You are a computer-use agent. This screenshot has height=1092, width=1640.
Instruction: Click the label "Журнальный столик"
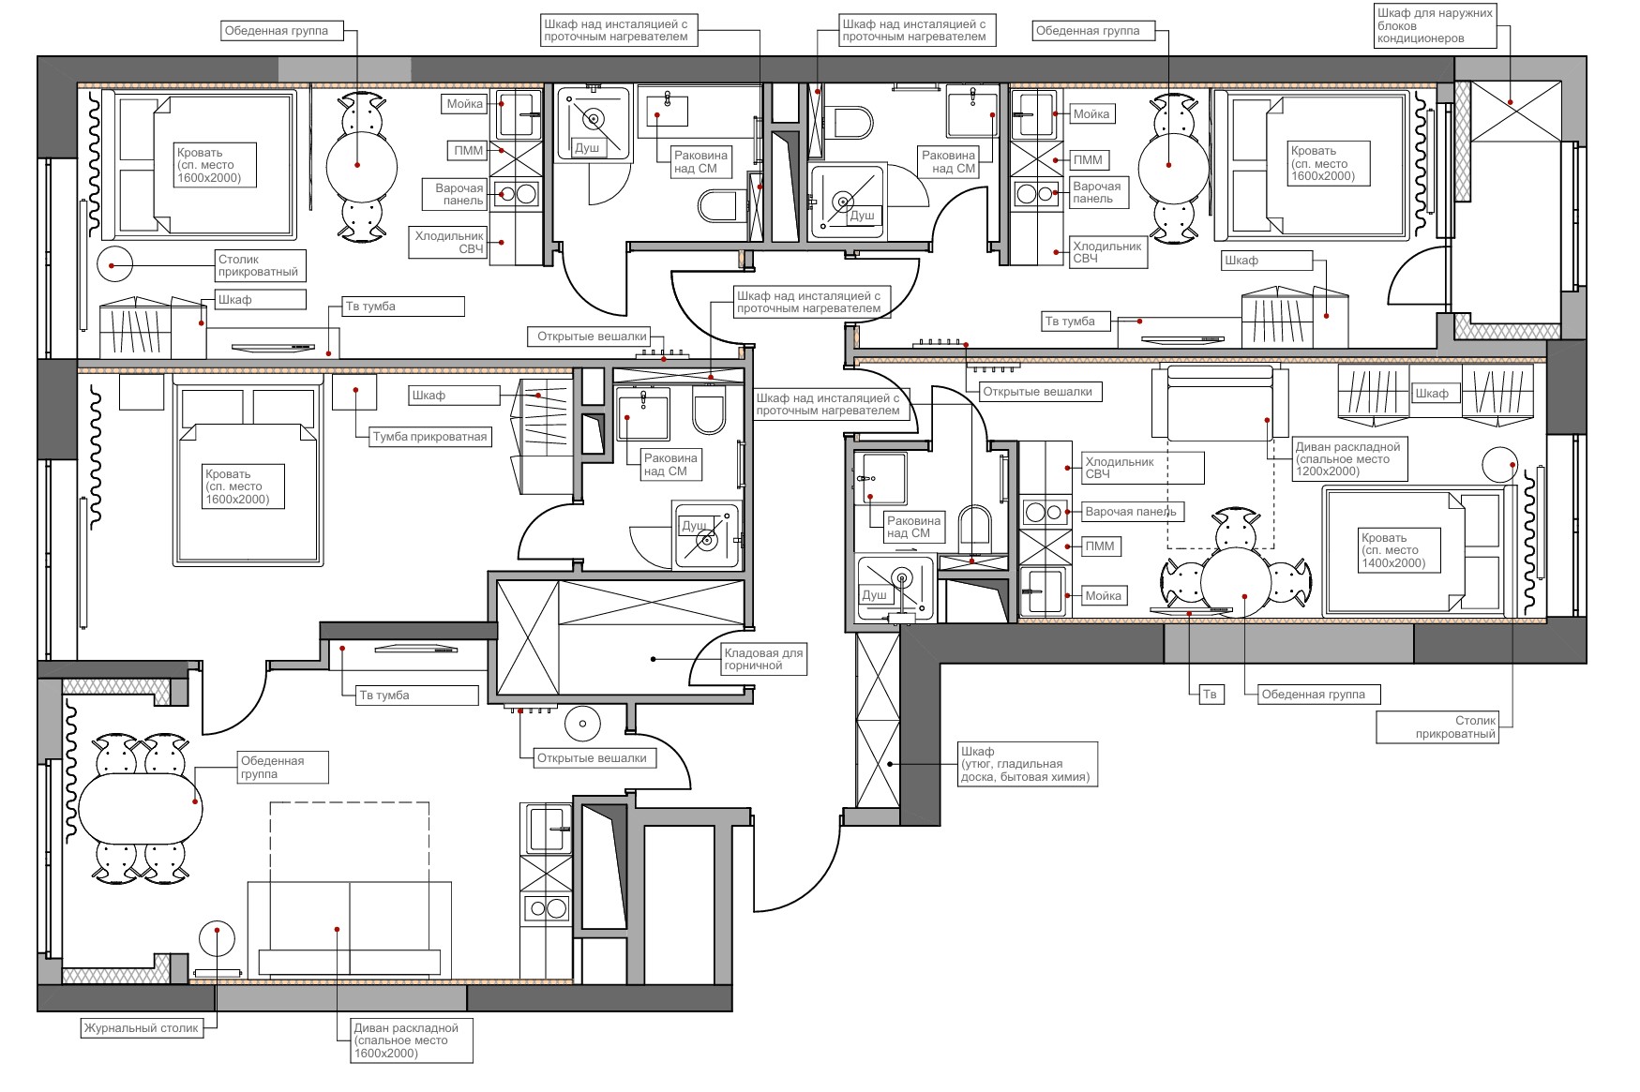(x=142, y=1028)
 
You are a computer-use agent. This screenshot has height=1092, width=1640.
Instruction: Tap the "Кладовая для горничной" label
(x=763, y=659)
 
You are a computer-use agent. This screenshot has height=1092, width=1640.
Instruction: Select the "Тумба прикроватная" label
(x=429, y=437)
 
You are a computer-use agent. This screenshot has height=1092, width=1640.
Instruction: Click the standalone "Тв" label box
(x=1211, y=695)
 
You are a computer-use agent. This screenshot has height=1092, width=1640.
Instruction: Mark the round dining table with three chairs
(x=1236, y=581)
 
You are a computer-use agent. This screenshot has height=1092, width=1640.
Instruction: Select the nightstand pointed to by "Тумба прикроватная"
(x=354, y=391)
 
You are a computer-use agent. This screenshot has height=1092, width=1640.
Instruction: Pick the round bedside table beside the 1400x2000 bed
(x=1499, y=466)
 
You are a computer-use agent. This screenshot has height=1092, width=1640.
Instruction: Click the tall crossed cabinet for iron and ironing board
(x=878, y=718)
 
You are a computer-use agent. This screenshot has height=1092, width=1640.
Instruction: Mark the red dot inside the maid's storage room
(x=654, y=659)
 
